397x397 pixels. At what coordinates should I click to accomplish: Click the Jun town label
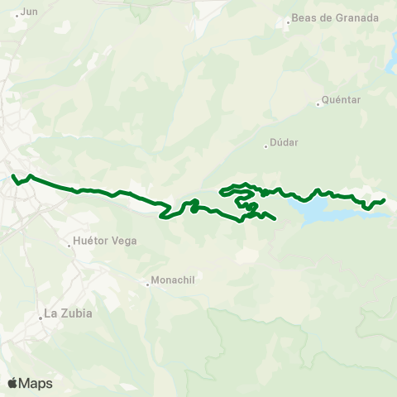(29, 12)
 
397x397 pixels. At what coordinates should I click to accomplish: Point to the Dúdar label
(284, 141)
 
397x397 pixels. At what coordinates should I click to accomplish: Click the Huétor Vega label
(104, 242)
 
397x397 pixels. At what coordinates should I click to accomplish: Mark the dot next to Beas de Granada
(288, 22)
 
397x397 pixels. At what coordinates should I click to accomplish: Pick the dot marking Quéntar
(318, 104)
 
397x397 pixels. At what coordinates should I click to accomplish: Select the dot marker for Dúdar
(265, 146)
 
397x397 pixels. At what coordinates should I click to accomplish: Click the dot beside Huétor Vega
(69, 246)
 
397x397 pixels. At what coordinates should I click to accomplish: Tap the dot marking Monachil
(148, 285)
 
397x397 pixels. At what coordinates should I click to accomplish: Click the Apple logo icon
(12, 383)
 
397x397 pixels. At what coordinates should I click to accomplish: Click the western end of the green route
(12, 175)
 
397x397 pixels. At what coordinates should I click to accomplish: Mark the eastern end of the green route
(384, 200)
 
